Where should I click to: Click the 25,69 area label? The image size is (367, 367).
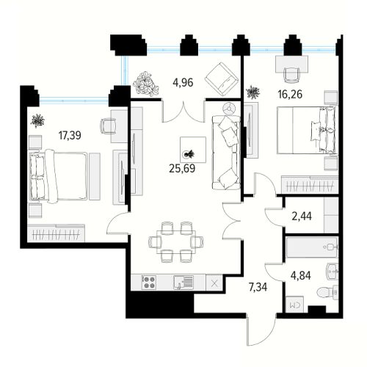click(182, 168)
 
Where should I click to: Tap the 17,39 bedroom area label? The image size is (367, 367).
click(70, 135)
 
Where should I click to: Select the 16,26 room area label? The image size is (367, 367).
click(290, 94)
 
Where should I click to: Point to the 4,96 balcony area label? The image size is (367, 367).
click(183, 82)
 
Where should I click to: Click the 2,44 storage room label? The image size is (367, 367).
click(302, 217)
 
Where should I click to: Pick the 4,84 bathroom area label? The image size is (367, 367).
click(301, 275)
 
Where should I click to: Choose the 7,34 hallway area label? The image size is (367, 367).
click(258, 287)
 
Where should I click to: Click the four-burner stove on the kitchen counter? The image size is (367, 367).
click(149, 283)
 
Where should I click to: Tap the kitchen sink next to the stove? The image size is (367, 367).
click(183, 283)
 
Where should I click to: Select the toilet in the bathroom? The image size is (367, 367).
click(327, 292)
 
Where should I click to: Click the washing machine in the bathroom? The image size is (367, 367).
click(294, 304)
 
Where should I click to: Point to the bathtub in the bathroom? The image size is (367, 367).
click(312, 247)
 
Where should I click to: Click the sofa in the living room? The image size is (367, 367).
click(226, 153)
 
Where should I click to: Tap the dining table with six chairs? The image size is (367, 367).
click(176, 242)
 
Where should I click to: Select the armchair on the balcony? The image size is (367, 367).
click(222, 79)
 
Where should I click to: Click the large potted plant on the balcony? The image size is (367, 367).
click(145, 84)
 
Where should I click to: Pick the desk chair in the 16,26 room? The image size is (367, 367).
click(291, 74)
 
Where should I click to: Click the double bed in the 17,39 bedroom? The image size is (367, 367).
click(58, 176)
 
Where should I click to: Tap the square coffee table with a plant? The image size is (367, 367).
click(193, 150)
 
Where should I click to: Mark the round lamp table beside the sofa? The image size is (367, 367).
click(230, 109)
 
